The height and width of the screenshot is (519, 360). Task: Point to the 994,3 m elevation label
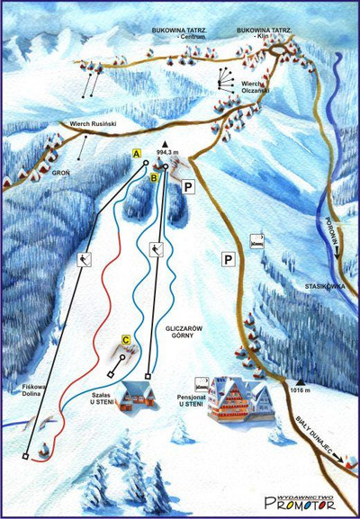[168, 153]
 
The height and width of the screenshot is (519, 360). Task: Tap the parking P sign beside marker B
[188, 187]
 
